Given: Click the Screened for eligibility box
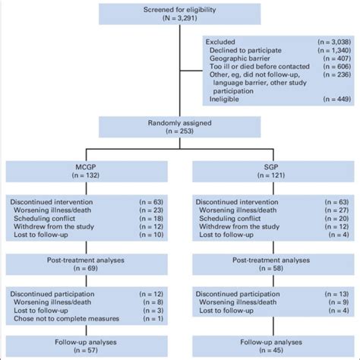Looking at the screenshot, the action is [180, 14].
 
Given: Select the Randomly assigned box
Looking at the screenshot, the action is [180, 127].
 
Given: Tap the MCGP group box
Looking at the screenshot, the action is [87, 172].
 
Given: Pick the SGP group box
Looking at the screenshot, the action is [273, 172].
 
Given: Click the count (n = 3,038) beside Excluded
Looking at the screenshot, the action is [334, 42].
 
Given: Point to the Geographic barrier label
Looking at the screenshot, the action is [240, 58].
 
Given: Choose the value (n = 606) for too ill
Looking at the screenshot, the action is [337, 67].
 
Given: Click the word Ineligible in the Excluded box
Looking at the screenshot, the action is [224, 99].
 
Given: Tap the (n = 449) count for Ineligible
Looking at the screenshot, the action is [337, 99].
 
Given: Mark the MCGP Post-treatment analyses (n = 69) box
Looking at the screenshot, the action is [87, 264].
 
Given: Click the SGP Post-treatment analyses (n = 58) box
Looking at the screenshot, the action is [273, 264].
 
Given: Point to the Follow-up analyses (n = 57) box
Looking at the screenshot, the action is [87, 346].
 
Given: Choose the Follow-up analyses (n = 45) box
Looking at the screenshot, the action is [273, 346].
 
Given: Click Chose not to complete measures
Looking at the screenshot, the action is [66, 318].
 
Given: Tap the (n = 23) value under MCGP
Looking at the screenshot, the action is [151, 210].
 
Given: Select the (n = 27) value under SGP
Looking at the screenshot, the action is [336, 210].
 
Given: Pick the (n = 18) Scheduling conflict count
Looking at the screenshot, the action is [151, 219].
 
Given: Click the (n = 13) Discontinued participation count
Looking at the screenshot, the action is [336, 294].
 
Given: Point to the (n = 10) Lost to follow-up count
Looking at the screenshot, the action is [151, 235].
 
